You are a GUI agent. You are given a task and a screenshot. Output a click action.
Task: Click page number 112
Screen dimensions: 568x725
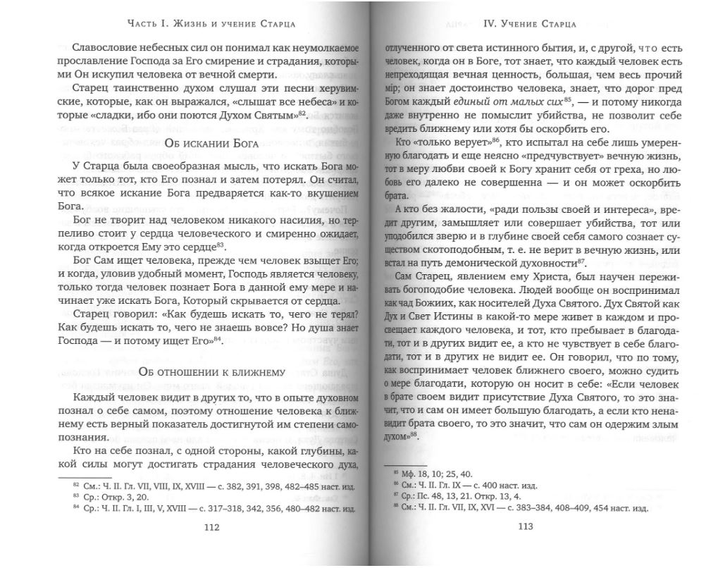211,526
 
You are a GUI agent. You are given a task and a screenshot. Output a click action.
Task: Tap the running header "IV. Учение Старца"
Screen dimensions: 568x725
531,23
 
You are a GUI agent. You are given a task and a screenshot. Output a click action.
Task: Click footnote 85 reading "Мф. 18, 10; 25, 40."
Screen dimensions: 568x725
435,473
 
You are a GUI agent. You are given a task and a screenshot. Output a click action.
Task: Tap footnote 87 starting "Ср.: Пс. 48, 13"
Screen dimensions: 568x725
458,496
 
